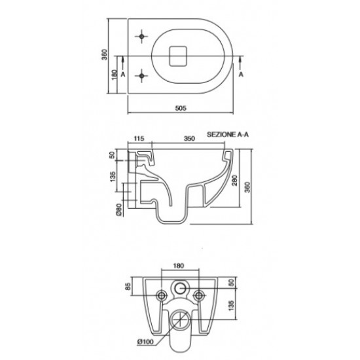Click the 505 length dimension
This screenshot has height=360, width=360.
[x=181, y=108]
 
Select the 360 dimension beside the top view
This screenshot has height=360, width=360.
[x=105, y=54]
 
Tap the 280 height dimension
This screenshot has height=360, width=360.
[x=235, y=181]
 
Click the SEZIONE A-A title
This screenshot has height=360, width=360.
[x=228, y=134]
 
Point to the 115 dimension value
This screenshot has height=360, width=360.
[x=139, y=139]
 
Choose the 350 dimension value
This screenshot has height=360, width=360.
[x=189, y=139]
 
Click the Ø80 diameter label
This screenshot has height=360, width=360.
[x=118, y=210]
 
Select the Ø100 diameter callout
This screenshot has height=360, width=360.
[x=145, y=342]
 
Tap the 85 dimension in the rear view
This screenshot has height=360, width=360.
[x=128, y=286]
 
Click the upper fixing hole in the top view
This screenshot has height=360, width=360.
[x=141, y=36]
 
